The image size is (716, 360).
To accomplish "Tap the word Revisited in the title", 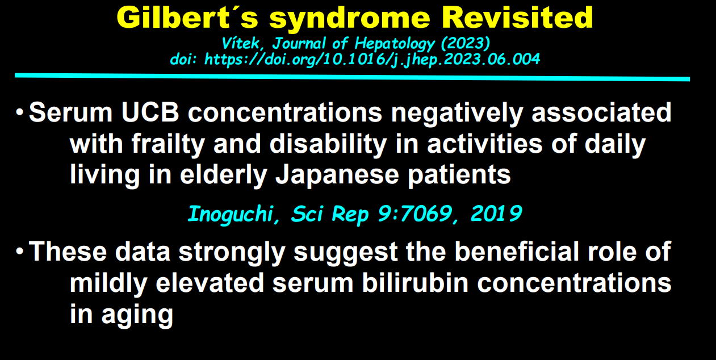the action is tap(517, 18).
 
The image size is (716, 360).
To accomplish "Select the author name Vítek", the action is tap(242, 43).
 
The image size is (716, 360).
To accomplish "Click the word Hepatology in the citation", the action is tap(395, 44).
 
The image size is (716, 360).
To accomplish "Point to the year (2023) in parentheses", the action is tap(466, 44).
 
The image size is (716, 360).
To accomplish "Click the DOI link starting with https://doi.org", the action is tap(372, 60).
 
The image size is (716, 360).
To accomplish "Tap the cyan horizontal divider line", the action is tap(352, 77).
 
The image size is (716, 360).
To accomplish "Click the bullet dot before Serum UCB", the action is tap(19, 112).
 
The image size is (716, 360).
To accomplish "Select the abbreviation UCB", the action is tap(150, 112).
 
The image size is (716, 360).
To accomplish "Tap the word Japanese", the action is tap(337, 176).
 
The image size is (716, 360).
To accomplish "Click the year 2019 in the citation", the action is tap(496, 214).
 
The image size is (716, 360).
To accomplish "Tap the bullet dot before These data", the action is tap(19, 252).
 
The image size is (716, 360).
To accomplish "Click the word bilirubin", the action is tap(415, 283).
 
